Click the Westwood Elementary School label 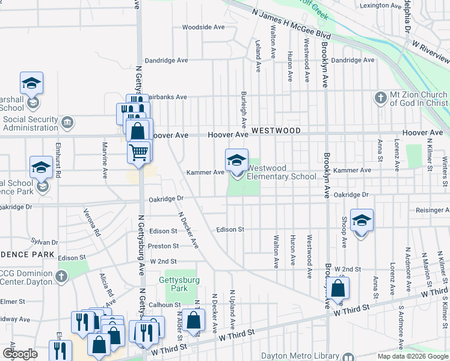point(281,172)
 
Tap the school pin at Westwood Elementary point(236,161)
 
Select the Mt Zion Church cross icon point(380,97)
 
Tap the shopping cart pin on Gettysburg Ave point(139,152)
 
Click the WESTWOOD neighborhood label point(276,130)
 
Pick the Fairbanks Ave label point(167,96)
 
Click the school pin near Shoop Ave point(362,221)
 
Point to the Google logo point(20,354)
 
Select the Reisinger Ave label point(433,210)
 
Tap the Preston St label point(163,246)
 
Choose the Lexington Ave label point(380,6)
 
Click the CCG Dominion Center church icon point(61,277)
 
